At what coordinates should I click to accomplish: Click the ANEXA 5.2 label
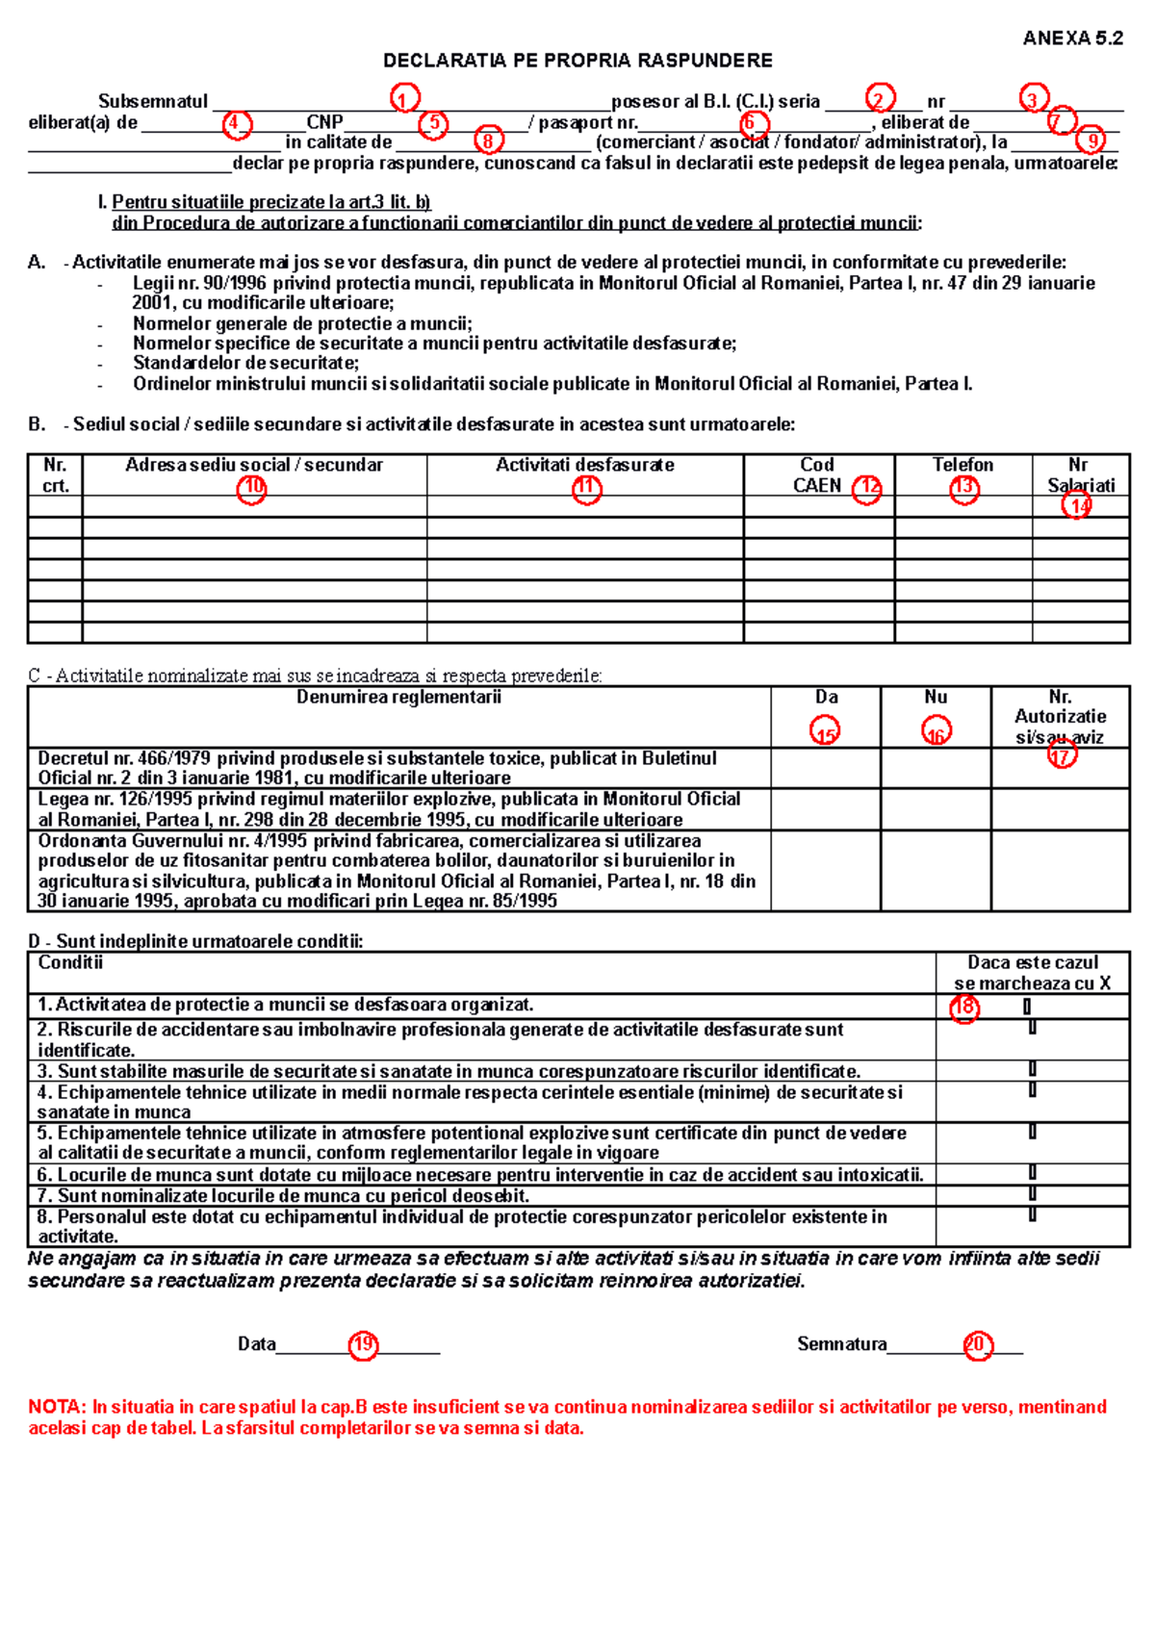click(1072, 38)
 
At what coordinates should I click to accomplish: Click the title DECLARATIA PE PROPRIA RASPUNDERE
click(577, 61)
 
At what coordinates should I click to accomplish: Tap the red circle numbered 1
click(405, 98)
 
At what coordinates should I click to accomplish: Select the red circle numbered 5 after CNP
click(434, 124)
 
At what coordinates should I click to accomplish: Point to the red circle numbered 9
click(1091, 140)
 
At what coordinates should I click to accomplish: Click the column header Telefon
click(962, 465)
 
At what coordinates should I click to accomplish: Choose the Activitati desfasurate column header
click(584, 465)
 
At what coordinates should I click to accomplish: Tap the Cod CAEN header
click(817, 474)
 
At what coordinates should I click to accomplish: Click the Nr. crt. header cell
click(55, 474)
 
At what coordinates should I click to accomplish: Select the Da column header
click(826, 697)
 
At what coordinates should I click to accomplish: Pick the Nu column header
click(936, 697)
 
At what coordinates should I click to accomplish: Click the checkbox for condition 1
click(1027, 1007)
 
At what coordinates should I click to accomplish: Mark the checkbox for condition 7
click(1032, 1194)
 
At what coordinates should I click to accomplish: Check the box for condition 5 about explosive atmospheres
click(1032, 1132)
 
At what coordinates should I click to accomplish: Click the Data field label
click(257, 1344)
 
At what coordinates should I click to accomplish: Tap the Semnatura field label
click(841, 1344)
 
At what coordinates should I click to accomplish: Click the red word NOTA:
click(58, 1407)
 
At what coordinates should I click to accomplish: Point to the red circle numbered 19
click(363, 1345)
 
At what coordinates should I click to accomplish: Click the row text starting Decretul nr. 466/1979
click(376, 768)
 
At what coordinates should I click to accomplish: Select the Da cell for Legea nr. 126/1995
click(826, 809)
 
